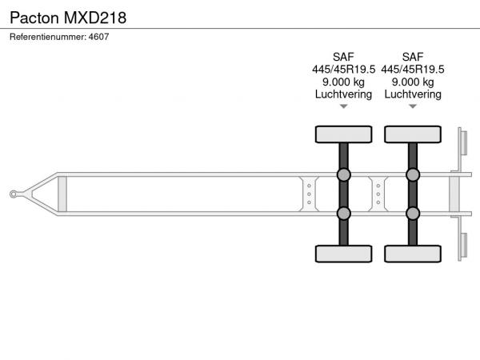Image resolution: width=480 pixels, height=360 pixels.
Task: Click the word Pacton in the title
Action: [x=34, y=18]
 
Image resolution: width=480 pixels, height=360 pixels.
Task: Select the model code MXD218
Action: [x=95, y=18]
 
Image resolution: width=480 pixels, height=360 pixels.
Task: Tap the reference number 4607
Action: [x=98, y=37]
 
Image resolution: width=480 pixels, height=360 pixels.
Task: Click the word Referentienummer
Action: [x=47, y=37]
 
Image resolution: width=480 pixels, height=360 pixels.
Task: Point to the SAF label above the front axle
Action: [x=343, y=57]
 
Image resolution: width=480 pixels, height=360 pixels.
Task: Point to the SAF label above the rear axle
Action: [x=413, y=57]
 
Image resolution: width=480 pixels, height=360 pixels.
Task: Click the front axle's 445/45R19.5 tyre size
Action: [x=343, y=70]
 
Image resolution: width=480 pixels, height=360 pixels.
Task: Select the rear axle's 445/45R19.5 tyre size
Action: [x=413, y=70]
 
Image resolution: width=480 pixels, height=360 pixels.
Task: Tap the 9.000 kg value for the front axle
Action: [x=343, y=82]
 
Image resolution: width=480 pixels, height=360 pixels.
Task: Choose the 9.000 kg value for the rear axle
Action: [x=413, y=82]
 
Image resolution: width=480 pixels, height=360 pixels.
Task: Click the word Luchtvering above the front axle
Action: [x=343, y=94]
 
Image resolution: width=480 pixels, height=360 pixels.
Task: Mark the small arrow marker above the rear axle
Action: [x=413, y=106]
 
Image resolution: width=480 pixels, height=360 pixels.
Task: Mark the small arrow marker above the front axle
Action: [x=343, y=106]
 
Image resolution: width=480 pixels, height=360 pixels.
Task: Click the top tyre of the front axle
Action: [x=343, y=134]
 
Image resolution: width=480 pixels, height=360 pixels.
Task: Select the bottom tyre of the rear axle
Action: [x=413, y=254]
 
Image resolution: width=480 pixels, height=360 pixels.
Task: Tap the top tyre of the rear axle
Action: [x=413, y=134]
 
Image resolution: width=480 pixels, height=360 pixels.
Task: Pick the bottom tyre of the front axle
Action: [x=343, y=254]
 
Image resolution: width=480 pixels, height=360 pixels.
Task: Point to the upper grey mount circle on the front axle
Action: [x=343, y=174]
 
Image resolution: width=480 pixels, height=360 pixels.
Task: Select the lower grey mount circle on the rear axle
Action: [x=413, y=214]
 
